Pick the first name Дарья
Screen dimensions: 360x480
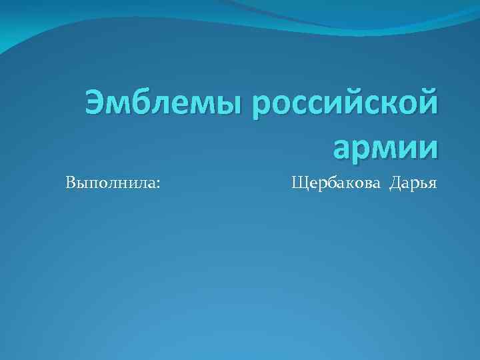(x=414, y=183)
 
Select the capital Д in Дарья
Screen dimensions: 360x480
(x=396, y=182)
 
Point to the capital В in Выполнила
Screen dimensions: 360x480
(x=71, y=182)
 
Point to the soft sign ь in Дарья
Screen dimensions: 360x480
(x=423, y=184)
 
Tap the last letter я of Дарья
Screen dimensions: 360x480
(x=432, y=184)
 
